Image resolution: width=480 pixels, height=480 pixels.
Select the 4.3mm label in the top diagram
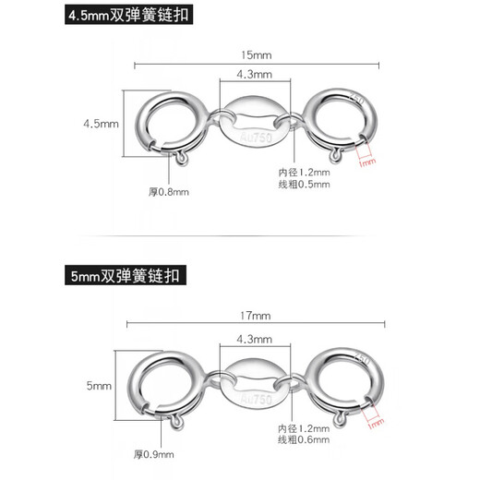tap(252, 74)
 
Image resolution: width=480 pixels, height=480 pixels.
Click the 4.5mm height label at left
tap(102, 124)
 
